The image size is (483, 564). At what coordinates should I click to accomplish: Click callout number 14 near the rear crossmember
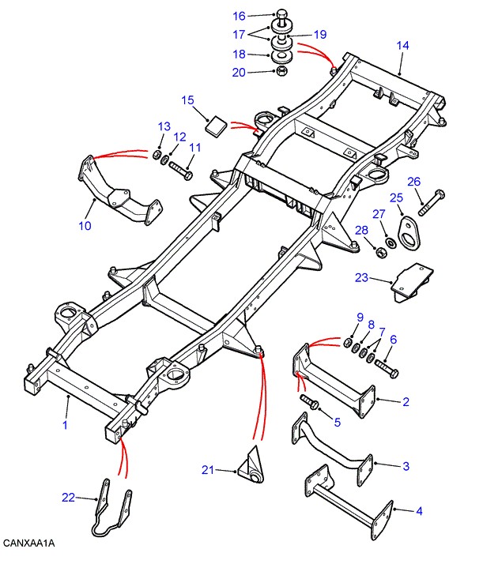403,46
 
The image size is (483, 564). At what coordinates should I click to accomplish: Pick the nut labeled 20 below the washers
281,73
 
